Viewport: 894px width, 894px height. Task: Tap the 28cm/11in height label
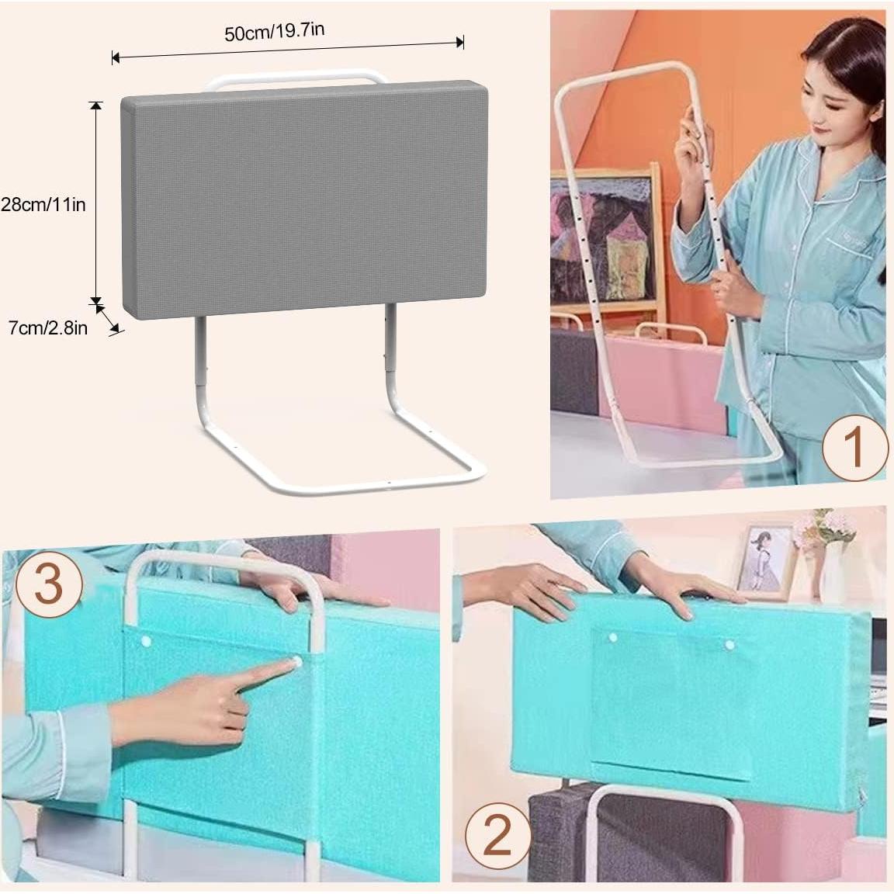[43, 205]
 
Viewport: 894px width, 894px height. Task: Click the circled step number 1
[853, 448]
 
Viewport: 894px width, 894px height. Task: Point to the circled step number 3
[48, 582]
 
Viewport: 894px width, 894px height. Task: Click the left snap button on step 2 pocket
[613, 639]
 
